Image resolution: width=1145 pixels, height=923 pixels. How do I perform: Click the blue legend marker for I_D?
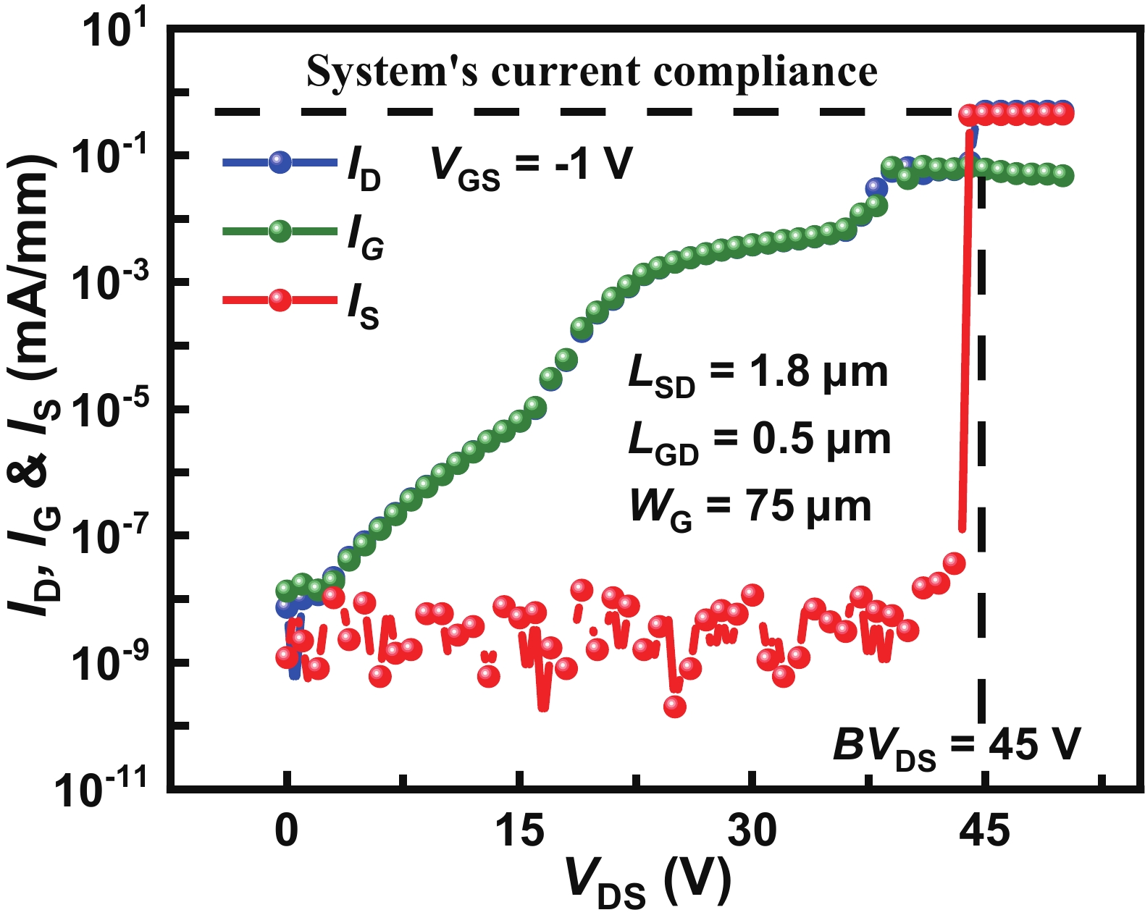coord(280,162)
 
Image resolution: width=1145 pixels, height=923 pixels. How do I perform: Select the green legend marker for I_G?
coord(280,232)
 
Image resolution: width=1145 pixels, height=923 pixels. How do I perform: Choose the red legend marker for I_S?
coord(280,300)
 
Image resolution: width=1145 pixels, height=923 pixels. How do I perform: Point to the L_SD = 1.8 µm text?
coord(758,374)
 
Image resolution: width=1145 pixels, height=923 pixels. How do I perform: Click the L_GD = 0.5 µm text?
coord(759,441)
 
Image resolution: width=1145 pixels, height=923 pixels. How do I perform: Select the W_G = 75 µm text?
coord(750,507)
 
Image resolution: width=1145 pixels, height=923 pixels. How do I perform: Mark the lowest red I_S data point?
coord(675,707)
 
